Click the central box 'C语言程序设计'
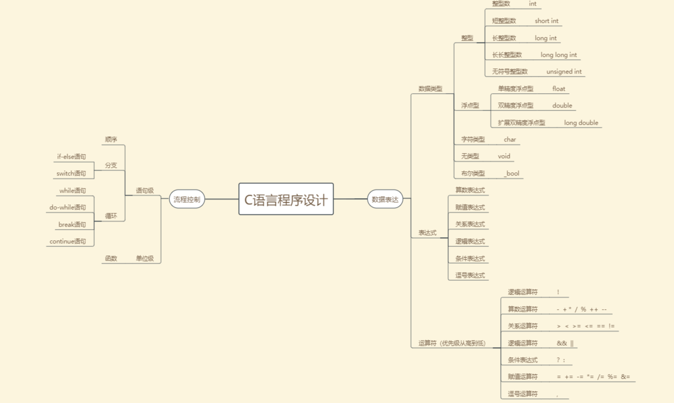(286, 199)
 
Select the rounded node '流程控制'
(187, 199)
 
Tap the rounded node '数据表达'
(385, 199)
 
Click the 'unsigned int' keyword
(564, 71)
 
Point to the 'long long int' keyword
(558, 55)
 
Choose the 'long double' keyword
(581, 123)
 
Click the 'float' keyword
(558, 89)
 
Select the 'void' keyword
(504, 156)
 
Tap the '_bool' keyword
(511, 173)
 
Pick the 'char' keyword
(510, 139)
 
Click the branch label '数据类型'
(430, 89)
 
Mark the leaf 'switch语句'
(71, 173)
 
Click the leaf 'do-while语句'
(67, 207)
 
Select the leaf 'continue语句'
(67, 241)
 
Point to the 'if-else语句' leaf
(71, 157)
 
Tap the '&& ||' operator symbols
(565, 343)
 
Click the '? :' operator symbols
(560, 360)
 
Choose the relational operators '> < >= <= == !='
(585, 326)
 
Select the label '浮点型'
(470, 105)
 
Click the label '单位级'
(144, 259)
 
